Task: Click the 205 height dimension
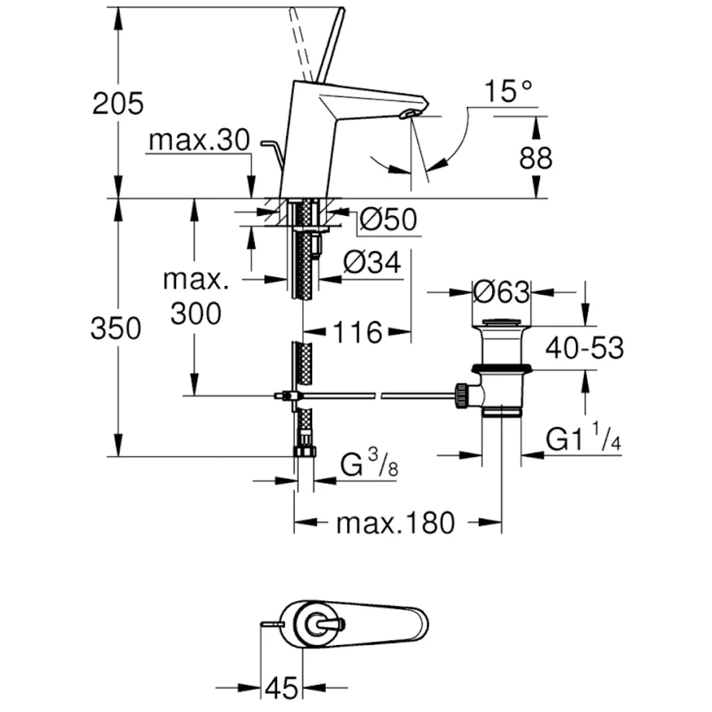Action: click(118, 103)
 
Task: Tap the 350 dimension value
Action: click(116, 329)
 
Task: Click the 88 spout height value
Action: click(535, 158)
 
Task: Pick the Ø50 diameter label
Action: click(388, 220)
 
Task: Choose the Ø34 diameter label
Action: click(372, 265)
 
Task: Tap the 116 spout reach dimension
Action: click(359, 331)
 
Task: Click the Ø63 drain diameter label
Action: click(501, 292)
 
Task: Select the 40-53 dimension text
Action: click(585, 348)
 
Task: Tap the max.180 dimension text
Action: click(395, 524)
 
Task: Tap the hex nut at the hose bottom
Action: click(304, 452)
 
